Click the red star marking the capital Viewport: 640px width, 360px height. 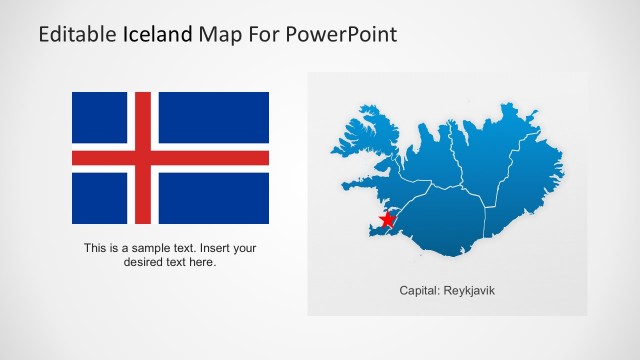387,219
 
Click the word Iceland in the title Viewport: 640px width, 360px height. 159,35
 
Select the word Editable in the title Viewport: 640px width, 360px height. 77,35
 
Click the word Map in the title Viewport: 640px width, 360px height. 222,35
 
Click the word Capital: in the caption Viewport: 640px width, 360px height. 419,291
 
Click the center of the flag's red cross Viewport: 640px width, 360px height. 142,158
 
